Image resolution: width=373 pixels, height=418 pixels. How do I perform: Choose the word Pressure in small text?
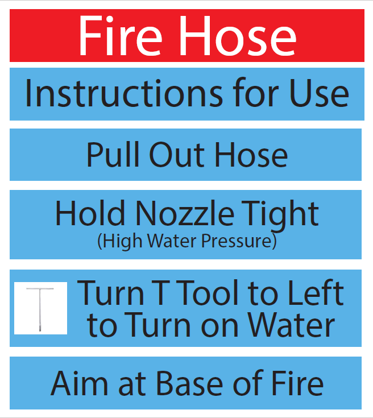[241, 242]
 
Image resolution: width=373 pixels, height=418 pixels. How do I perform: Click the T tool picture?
[40, 308]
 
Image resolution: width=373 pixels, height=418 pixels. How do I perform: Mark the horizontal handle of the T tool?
[40, 288]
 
